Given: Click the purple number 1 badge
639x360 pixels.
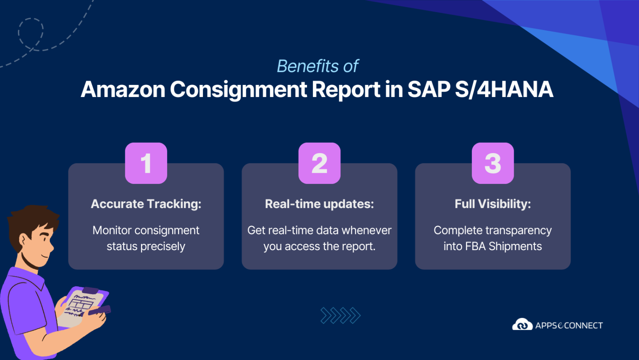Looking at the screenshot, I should [146, 163].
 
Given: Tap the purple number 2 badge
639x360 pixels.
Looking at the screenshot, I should [319, 163].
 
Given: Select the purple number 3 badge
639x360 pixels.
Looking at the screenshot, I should [493, 163].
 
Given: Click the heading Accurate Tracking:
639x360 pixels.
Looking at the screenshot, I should [146, 204].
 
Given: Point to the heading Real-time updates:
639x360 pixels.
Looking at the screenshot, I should [319, 204].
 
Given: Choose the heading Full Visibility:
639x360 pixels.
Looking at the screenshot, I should [493, 204].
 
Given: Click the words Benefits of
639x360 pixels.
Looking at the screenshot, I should [317, 66].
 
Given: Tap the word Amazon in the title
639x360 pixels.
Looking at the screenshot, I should [123, 89].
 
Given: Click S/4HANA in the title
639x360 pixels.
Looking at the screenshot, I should [504, 89].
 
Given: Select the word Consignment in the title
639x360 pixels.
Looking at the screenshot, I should [238, 89].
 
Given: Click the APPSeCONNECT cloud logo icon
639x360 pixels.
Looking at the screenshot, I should [522, 325].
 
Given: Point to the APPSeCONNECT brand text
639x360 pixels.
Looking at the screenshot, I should [569, 325].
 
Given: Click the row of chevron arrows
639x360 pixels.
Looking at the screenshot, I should [340, 315].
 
